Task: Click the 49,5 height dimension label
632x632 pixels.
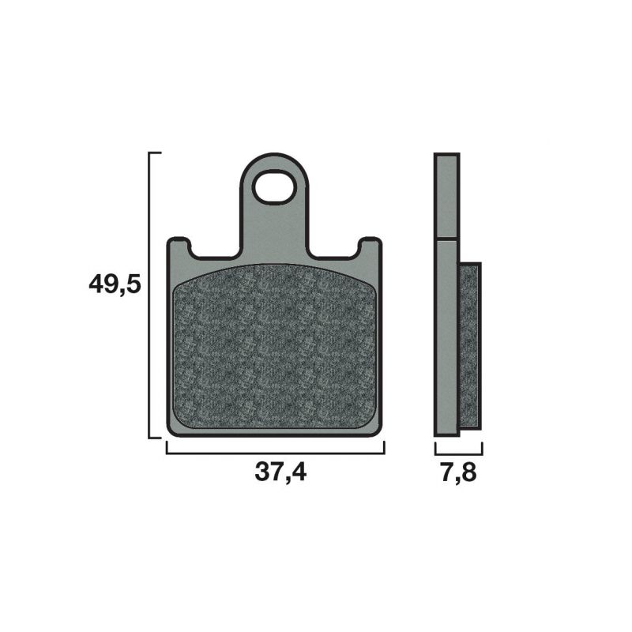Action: tap(115, 284)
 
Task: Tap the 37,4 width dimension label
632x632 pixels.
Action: tap(280, 472)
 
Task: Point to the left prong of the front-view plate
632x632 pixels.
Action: tap(180, 247)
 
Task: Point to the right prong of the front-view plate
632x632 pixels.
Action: tap(368, 247)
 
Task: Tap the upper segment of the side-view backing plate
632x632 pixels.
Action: tap(446, 195)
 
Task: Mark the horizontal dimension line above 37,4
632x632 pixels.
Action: tap(274, 453)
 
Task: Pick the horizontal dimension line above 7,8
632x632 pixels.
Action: tap(458, 453)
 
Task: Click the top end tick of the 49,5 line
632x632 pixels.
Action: tap(155, 152)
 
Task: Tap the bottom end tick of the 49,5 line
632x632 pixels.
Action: tap(155, 438)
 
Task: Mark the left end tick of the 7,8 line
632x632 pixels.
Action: tap(435, 449)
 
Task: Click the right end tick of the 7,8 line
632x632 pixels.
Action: tap(482, 449)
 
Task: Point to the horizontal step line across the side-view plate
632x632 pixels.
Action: tap(446, 238)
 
